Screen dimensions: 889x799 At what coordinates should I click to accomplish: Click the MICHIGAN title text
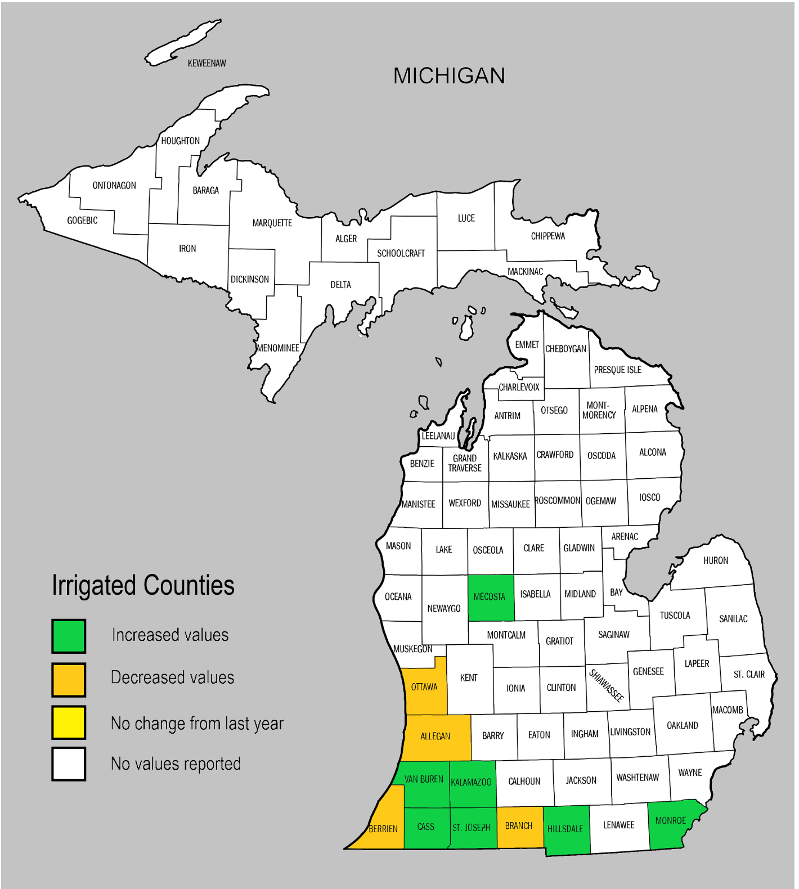pyautogui.click(x=449, y=76)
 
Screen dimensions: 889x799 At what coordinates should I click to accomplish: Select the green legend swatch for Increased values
pyautogui.click(x=69, y=636)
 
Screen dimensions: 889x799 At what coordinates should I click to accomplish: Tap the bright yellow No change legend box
pyautogui.click(x=69, y=722)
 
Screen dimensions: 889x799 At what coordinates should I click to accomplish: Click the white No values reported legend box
pyautogui.click(x=69, y=764)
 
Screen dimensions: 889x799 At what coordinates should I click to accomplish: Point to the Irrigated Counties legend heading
pyautogui.click(x=143, y=585)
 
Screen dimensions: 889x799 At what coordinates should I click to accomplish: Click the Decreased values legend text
pyautogui.click(x=172, y=677)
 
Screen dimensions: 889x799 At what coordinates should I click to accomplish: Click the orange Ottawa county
pyautogui.click(x=425, y=687)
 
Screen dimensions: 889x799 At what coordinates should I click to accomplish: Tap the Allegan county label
pyautogui.click(x=435, y=736)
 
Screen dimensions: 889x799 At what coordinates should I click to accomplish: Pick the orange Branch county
pyautogui.click(x=519, y=826)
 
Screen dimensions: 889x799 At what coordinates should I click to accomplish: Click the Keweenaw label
pyautogui.click(x=207, y=64)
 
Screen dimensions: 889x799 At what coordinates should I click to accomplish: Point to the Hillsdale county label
pyautogui.click(x=565, y=829)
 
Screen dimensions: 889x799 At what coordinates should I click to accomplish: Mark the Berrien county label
pyautogui.click(x=383, y=829)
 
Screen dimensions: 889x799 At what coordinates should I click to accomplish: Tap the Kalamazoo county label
pyautogui.click(x=472, y=782)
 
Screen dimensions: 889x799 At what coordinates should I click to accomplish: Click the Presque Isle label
pyautogui.click(x=617, y=370)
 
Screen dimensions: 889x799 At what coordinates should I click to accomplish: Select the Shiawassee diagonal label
pyautogui.click(x=607, y=685)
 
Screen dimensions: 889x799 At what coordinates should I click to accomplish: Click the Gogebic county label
pyautogui.click(x=82, y=221)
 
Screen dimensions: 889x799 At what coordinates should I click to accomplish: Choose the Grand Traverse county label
pyautogui.click(x=465, y=463)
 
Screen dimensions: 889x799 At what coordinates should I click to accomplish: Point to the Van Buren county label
pyautogui.click(x=424, y=779)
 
